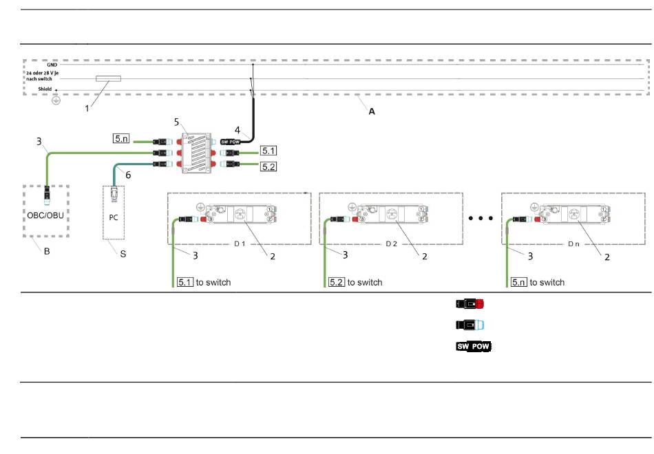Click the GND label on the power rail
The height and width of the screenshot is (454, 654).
pyautogui.click(x=52, y=65)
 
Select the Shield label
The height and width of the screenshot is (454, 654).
pyautogui.click(x=45, y=89)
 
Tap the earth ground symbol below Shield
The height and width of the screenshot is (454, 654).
pyautogui.click(x=56, y=100)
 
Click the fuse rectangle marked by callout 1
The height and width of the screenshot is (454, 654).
pyautogui.click(x=109, y=78)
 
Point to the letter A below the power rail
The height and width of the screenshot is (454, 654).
pyautogui.click(x=372, y=111)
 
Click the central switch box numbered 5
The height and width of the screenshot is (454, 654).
pyautogui.click(x=196, y=153)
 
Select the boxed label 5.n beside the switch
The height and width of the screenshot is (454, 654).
pyautogui.click(x=121, y=138)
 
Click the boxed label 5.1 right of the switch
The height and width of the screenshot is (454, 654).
pyautogui.click(x=268, y=151)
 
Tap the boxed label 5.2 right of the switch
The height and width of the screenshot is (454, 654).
pyautogui.click(x=268, y=166)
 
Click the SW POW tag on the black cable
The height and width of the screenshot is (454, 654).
pyautogui.click(x=230, y=142)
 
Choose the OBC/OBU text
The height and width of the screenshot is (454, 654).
pyautogui.click(x=45, y=215)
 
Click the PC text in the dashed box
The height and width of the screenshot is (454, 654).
pyautogui.click(x=114, y=217)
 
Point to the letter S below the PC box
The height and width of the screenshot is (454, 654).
pyautogui.click(x=123, y=254)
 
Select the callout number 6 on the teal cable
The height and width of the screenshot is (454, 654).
pyautogui.click(x=128, y=175)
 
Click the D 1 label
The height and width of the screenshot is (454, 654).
pyautogui.click(x=240, y=244)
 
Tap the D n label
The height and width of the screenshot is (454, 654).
pyautogui.click(x=574, y=244)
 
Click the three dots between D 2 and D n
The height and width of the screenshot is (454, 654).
pyautogui.click(x=481, y=218)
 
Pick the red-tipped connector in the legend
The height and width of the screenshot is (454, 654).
pyautogui.click(x=470, y=303)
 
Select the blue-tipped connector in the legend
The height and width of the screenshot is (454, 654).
pyautogui.click(x=470, y=325)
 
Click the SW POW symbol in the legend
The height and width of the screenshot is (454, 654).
pyautogui.click(x=474, y=346)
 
